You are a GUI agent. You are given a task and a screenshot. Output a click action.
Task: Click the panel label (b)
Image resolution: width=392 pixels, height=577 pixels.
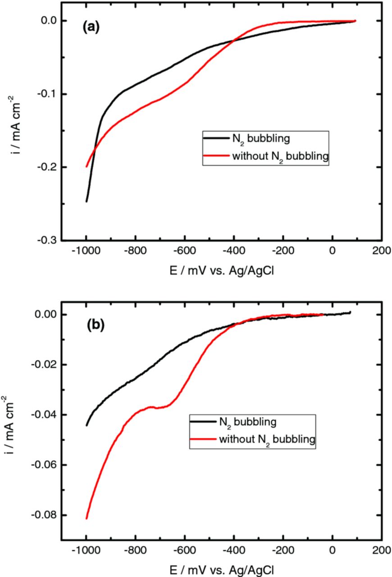coord(95,325)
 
